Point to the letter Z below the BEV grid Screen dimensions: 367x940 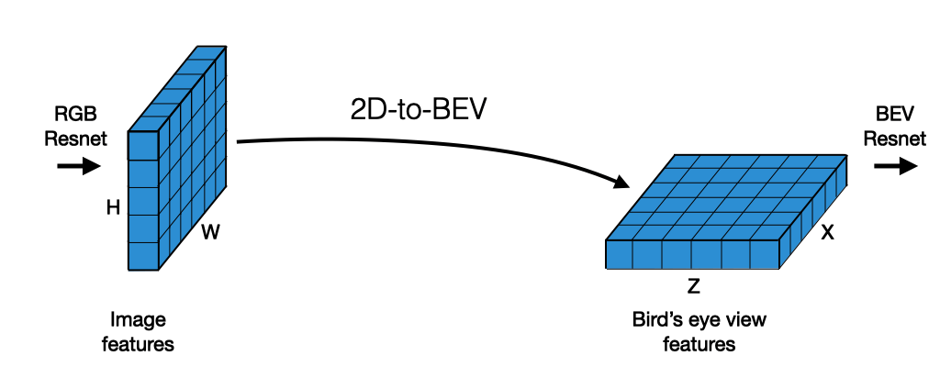point(694,286)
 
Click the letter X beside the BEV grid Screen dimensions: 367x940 point(827,233)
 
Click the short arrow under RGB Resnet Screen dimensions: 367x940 point(78,166)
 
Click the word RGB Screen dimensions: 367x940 point(76,114)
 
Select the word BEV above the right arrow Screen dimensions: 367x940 point(896,114)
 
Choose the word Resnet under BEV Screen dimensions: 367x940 point(896,139)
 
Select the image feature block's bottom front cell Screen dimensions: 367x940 point(143,256)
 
